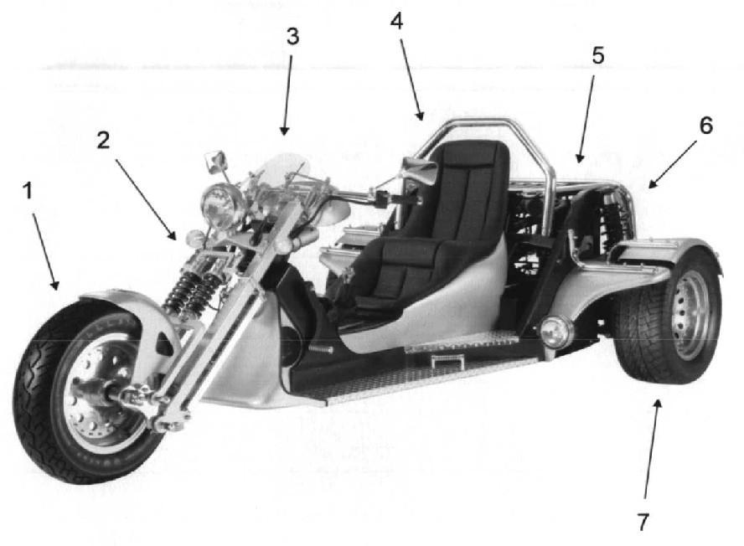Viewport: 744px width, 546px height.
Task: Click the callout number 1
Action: pos(28,191)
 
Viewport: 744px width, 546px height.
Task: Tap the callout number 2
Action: pos(103,141)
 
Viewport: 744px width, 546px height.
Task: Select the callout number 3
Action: pos(292,36)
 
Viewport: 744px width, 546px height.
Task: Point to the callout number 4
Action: pos(396,21)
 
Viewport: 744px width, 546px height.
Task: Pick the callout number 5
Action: pos(598,55)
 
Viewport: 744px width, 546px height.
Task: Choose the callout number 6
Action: pos(706,126)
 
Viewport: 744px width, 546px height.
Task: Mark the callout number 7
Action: pos(643,523)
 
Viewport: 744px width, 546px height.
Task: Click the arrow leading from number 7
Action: pos(652,449)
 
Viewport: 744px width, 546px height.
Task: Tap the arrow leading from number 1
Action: pos(45,251)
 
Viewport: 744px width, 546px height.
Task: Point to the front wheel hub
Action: pos(106,392)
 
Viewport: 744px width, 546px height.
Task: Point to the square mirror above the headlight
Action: pos(216,160)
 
